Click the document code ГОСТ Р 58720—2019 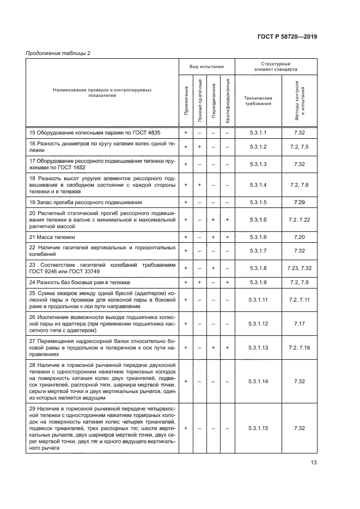click(287, 36)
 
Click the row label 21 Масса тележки click(52, 237)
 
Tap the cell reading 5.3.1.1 click(258, 132)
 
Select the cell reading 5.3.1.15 click(258, 428)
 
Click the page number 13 click(313, 463)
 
